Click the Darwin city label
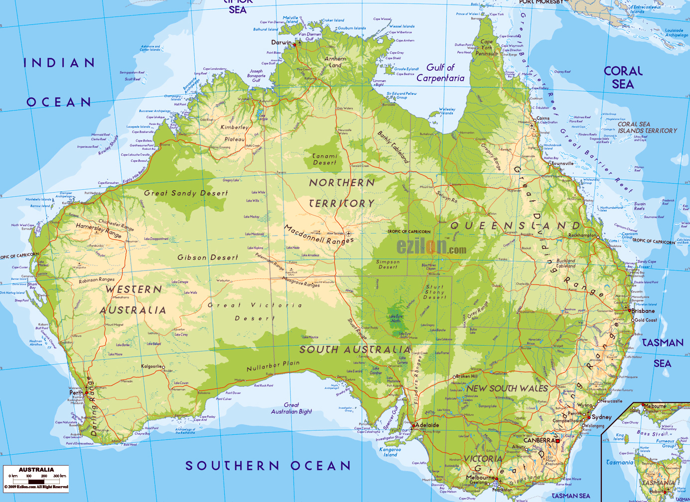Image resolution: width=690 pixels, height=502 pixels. (x=281, y=42)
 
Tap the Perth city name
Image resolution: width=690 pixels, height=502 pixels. (x=76, y=392)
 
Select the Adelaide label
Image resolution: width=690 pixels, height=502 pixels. (x=427, y=425)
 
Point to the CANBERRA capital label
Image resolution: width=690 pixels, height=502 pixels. (x=539, y=440)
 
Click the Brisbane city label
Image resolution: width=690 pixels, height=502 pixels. (x=643, y=311)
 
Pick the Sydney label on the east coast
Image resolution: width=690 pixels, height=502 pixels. (x=601, y=417)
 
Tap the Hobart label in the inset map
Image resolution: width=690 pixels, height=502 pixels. (x=657, y=491)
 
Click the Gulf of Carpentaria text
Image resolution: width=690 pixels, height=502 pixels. (x=440, y=73)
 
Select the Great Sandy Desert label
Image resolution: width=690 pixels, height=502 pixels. (x=186, y=193)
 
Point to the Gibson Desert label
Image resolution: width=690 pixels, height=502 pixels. (x=208, y=257)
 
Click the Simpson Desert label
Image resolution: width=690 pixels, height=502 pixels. (x=388, y=264)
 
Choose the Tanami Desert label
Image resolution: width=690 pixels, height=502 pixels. (x=324, y=159)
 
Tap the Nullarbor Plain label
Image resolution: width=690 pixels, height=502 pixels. (x=273, y=366)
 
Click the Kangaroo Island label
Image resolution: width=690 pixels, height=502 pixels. (x=390, y=452)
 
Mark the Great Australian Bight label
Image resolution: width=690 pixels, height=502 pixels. (x=291, y=408)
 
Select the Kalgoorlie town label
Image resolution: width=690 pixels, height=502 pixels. (x=151, y=367)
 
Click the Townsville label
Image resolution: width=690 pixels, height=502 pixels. (x=562, y=163)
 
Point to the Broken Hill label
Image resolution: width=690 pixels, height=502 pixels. (x=467, y=376)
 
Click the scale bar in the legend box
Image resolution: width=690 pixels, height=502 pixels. (x=36, y=481)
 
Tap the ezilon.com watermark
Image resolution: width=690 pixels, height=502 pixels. (x=431, y=248)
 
